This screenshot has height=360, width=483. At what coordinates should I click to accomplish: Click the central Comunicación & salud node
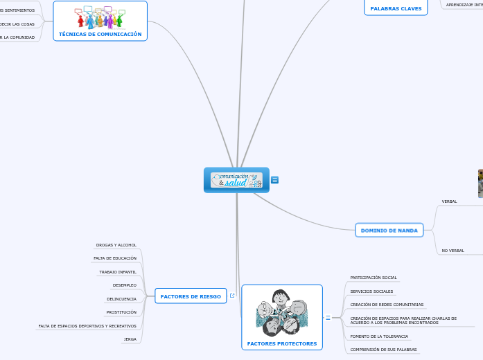pyautogui.click(x=236, y=180)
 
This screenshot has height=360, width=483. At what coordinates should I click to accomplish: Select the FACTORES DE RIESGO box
pyautogui.click(x=191, y=296)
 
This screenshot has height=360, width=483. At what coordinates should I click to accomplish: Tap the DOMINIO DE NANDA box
pyautogui.click(x=389, y=230)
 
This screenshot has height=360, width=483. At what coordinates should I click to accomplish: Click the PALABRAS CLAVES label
pyautogui.click(x=396, y=9)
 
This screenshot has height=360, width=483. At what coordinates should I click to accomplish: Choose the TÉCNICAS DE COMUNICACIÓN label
pyautogui.click(x=100, y=34)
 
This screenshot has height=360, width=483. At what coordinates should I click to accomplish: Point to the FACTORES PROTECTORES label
pyautogui.click(x=281, y=343)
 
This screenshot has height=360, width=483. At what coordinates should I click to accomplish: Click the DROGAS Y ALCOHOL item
pyautogui.click(x=116, y=245)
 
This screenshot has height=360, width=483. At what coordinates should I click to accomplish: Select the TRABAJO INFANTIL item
pyautogui.click(x=118, y=272)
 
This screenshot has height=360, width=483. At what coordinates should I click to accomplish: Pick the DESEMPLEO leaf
pyautogui.click(x=125, y=285)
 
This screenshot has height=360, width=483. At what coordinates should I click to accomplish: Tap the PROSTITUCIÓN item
pyautogui.click(x=121, y=312)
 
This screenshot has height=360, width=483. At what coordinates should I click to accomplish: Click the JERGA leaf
pyautogui.click(x=130, y=339)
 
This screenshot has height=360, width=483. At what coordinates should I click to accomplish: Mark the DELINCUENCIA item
pyautogui.click(x=121, y=299)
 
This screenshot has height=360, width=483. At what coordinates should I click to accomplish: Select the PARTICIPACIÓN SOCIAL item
pyautogui.click(x=374, y=278)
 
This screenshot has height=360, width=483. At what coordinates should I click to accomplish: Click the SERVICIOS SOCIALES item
pyautogui.click(x=371, y=291)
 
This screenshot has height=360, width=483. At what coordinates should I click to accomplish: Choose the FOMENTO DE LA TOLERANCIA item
pyautogui.click(x=379, y=336)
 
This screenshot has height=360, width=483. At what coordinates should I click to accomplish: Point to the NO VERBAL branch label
pyautogui.click(x=453, y=251)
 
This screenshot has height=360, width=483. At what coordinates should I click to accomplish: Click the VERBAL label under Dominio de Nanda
pyautogui.click(x=449, y=201)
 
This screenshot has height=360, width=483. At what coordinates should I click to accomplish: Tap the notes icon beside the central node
pyautogui.click(x=275, y=180)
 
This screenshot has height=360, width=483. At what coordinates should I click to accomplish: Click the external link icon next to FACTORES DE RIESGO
pyautogui.click(x=231, y=296)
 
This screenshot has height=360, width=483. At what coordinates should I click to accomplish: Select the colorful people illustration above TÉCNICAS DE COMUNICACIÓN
pyautogui.click(x=100, y=17)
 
